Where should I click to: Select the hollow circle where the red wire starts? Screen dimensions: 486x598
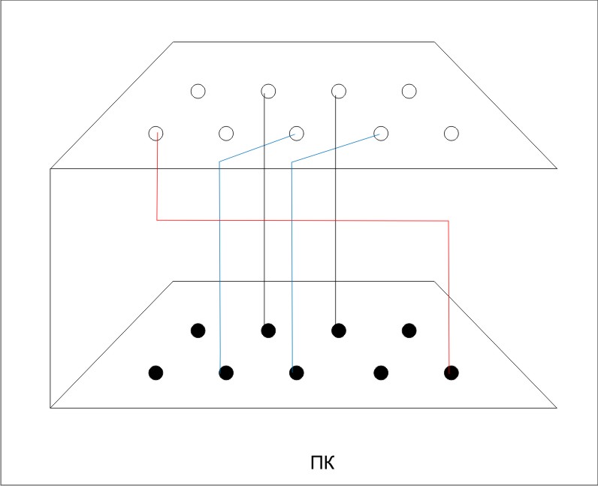pos(156,134)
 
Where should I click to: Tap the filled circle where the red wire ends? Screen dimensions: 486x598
pos(451,373)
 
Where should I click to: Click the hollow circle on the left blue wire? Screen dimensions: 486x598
pos(296,134)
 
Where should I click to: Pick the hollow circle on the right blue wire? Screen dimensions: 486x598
pos(381,134)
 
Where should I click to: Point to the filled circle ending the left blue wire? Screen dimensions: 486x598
pos(226,373)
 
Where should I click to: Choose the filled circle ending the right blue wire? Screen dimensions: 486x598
pos(296,373)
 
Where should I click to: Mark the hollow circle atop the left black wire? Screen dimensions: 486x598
pos(268,91)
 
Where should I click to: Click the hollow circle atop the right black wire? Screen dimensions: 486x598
pos(338,91)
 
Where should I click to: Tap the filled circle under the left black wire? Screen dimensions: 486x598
pos(268,330)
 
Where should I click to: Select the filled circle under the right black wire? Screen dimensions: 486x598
pos(338,330)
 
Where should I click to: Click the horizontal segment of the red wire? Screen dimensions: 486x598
pos(301,220)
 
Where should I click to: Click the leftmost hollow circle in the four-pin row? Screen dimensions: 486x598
pos(198,91)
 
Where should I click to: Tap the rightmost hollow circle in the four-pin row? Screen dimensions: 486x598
pos(409,91)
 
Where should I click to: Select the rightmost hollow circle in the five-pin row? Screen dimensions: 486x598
pos(451,134)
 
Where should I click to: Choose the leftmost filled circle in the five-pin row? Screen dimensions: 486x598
pos(156,373)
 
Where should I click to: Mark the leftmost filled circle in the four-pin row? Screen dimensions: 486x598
pos(198,330)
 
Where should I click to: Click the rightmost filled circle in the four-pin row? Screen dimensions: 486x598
pos(409,330)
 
